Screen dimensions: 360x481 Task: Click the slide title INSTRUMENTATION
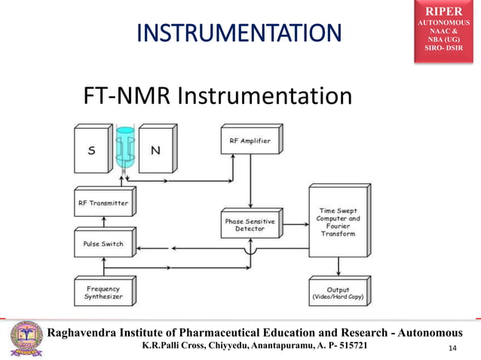point(238,34)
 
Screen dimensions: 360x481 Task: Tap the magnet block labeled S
point(92,151)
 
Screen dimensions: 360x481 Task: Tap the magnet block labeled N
point(155,151)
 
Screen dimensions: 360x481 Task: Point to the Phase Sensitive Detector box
point(250,225)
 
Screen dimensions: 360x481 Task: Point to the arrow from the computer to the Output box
point(338,265)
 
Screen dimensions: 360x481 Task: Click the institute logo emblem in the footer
point(24,338)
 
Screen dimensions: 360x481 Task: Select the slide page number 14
point(452,347)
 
